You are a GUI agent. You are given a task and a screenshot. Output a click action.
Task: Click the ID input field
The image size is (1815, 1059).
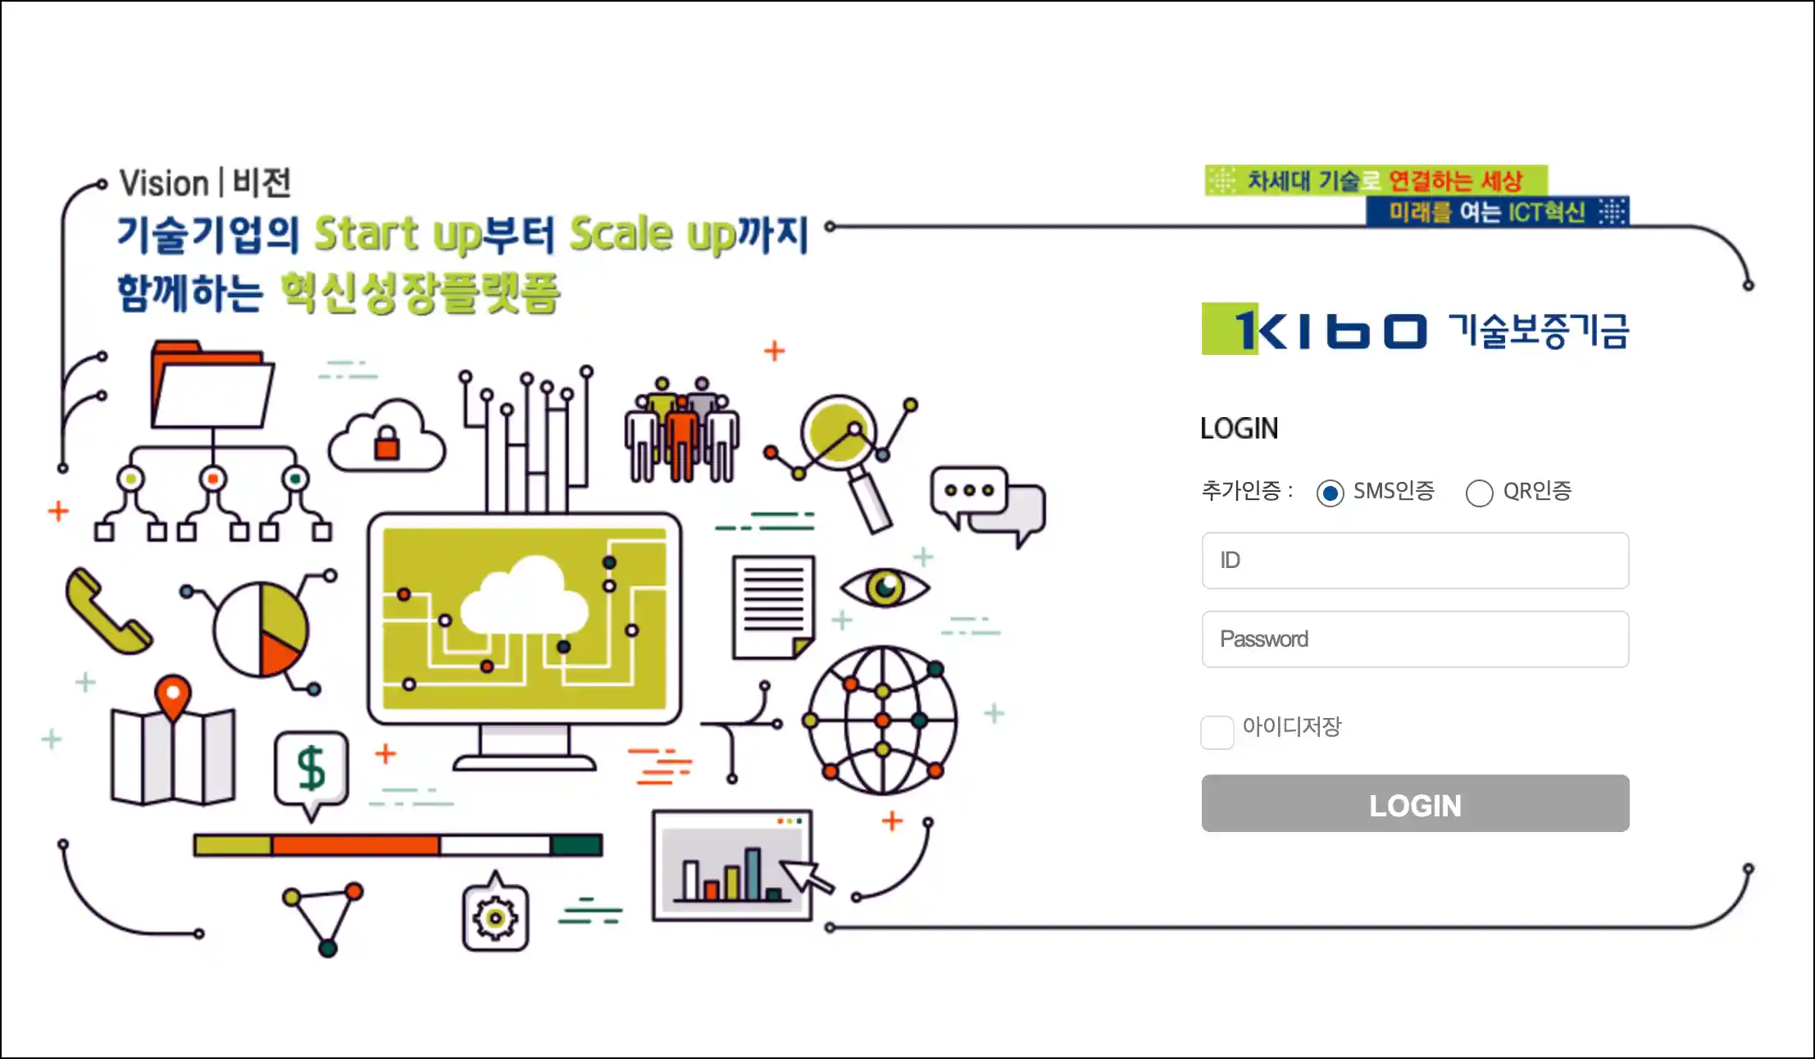pyautogui.click(x=1415, y=561)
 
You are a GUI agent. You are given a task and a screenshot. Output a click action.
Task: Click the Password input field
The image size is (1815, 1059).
pyautogui.click(x=1415, y=639)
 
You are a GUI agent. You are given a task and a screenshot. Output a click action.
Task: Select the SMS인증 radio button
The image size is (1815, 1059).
pyautogui.click(x=1330, y=493)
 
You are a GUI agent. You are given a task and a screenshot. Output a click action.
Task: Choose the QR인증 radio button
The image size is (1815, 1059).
pyautogui.click(x=1479, y=493)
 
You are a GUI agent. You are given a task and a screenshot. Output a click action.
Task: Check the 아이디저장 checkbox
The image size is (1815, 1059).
pyautogui.click(x=1217, y=732)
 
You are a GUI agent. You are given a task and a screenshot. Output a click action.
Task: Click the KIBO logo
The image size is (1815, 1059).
pyautogui.click(x=1415, y=330)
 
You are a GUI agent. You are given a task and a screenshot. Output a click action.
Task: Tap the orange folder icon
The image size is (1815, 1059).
pyautogui.click(x=212, y=384)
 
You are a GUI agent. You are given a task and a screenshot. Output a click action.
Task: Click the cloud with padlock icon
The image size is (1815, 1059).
pyautogui.click(x=387, y=435)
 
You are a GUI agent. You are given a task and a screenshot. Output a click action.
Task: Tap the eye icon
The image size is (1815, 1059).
pyautogui.click(x=885, y=587)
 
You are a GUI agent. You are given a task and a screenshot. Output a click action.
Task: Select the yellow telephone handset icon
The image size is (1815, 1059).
pyautogui.click(x=108, y=611)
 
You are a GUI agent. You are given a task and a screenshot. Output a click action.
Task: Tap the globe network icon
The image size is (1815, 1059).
pyautogui.click(x=883, y=720)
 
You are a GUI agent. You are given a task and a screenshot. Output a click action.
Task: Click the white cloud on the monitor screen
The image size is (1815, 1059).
pyautogui.click(x=525, y=596)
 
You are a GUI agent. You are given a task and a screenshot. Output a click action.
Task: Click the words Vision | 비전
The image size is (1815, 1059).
pyautogui.click(x=205, y=183)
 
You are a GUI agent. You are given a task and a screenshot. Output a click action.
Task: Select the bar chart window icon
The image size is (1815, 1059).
pyautogui.click(x=733, y=866)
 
